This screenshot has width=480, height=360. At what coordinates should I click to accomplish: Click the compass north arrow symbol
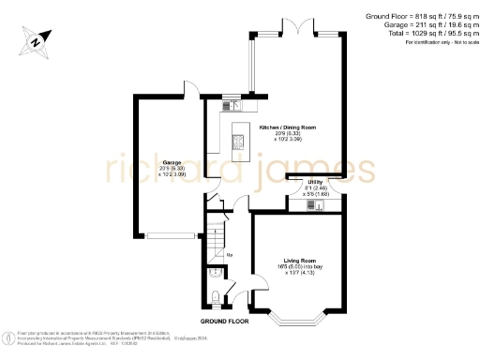coord(36,40)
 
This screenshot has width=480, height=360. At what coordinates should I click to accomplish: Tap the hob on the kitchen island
coord(237,142)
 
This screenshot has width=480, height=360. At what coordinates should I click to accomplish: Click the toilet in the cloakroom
coord(217,298)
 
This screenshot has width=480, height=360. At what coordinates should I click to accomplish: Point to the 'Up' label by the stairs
coord(230,254)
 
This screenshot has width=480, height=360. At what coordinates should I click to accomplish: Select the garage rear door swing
coord(190,89)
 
